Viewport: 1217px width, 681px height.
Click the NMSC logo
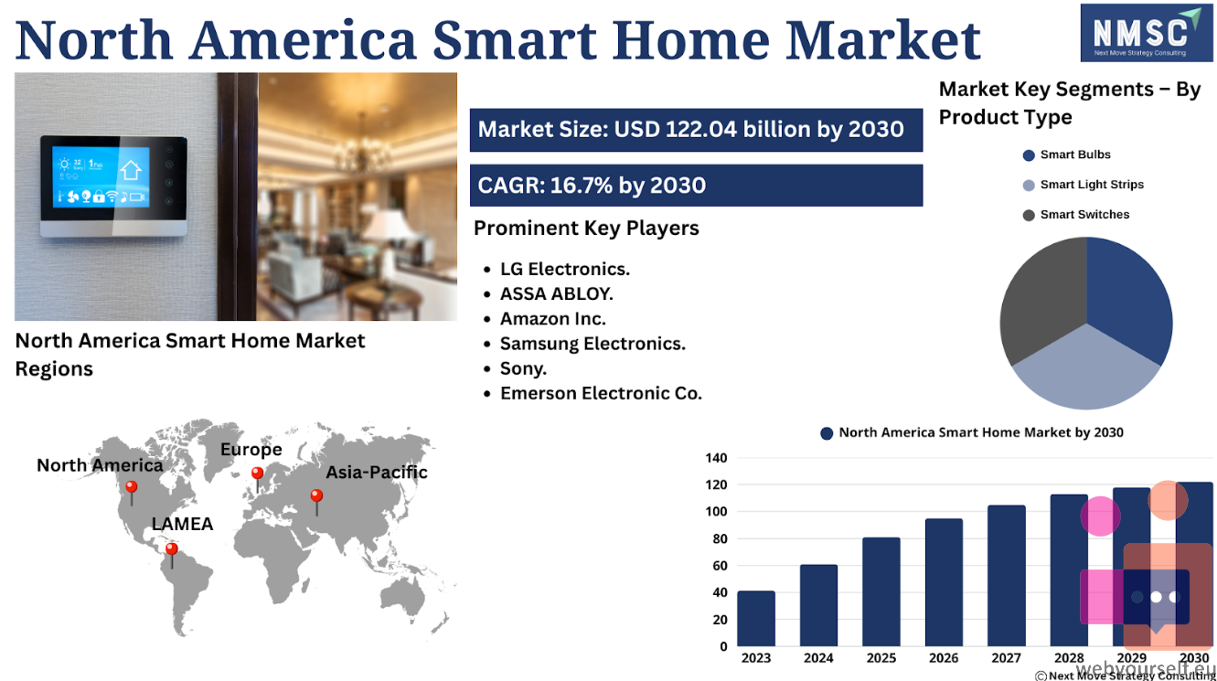pos(1147,33)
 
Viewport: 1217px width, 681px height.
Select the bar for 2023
pos(756,619)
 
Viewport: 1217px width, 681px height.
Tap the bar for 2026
pos(944,582)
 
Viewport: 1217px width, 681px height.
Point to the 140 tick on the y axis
pos(716,458)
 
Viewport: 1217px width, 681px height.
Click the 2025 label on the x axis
pos(881,658)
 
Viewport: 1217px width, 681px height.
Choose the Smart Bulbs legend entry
pos(1066,154)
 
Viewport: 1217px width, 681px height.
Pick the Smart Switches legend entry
pos(1076,215)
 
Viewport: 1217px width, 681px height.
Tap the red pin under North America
pos(132,492)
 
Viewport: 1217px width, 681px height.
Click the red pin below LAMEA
pos(172,555)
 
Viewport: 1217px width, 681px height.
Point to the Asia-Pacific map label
pos(377,473)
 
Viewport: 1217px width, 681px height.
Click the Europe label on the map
pos(251,450)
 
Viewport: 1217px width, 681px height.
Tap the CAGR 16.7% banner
pos(696,186)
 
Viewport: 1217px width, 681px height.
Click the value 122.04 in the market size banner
pos(700,129)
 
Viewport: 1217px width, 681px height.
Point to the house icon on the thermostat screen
pos(131,169)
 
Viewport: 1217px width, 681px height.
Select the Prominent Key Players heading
pos(586,229)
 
